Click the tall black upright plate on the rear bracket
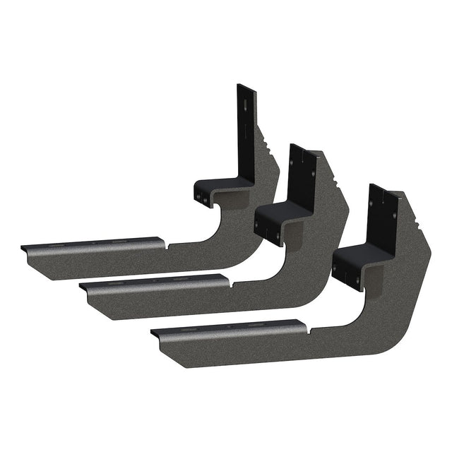[x=245, y=131]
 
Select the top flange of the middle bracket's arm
[x=155, y=281]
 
